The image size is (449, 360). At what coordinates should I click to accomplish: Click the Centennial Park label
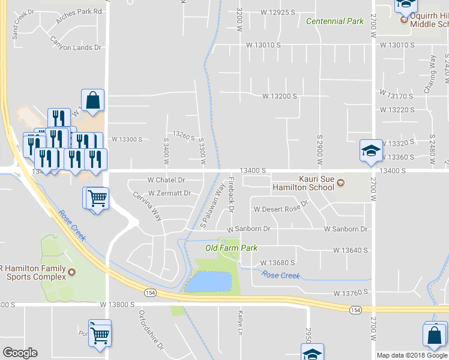tap(334, 22)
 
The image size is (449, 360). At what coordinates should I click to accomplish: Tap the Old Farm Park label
tap(231, 248)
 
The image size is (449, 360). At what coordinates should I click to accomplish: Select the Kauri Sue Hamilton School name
tap(316, 183)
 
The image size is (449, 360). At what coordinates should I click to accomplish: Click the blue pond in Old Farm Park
tap(208, 281)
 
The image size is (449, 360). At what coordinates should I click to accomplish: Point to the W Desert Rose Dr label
tap(280, 209)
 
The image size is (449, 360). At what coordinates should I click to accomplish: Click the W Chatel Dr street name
tap(166, 180)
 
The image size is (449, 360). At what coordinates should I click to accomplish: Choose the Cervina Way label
tap(148, 206)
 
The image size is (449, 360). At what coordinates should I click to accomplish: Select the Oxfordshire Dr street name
tap(151, 330)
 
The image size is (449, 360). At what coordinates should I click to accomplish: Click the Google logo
tap(20, 353)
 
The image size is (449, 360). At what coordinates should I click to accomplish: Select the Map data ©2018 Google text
tap(411, 355)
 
